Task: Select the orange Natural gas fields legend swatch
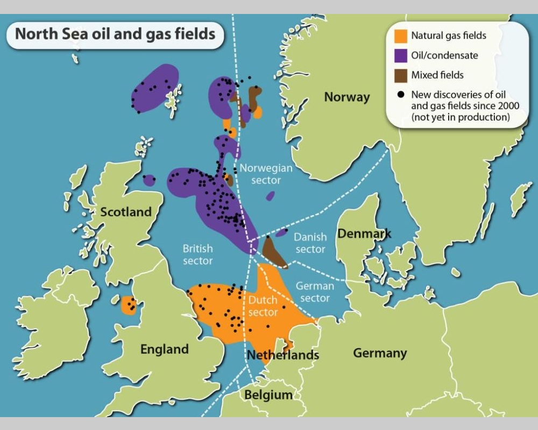click(x=400, y=36)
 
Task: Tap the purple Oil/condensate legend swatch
click(x=400, y=55)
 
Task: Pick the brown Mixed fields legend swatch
click(x=400, y=75)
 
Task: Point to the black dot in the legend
click(x=400, y=95)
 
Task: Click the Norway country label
click(x=347, y=97)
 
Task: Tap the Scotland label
click(x=126, y=212)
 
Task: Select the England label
click(x=164, y=349)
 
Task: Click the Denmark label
click(x=364, y=234)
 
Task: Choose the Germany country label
click(x=380, y=353)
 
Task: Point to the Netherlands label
click(x=283, y=355)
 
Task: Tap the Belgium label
click(x=268, y=396)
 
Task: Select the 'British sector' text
click(x=197, y=255)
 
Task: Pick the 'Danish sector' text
click(x=310, y=243)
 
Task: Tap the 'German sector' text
click(x=315, y=292)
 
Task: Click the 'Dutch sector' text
click(x=263, y=306)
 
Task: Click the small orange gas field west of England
click(x=129, y=305)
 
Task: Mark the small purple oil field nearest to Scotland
click(x=149, y=180)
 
